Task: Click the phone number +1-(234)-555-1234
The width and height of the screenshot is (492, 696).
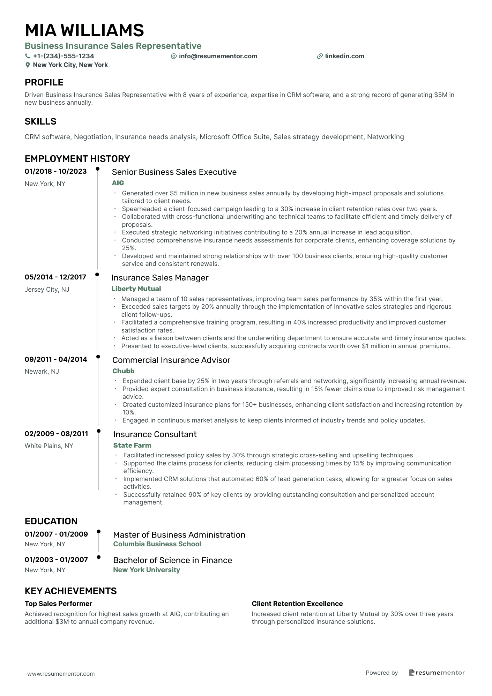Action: click(x=63, y=56)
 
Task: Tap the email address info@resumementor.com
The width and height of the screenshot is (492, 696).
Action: click(x=218, y=56)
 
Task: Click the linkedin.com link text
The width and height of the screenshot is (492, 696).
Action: click(x=344, y=56)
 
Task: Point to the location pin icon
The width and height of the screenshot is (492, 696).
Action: click(x=28, y=65)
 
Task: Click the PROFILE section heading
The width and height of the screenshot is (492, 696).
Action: click(x=44, y=82)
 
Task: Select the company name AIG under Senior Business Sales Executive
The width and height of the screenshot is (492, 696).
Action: click(x=118, y=183)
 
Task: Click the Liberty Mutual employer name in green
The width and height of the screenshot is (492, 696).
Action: click(x=136, y=289)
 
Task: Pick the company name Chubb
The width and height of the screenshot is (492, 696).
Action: click(x=123, y=371)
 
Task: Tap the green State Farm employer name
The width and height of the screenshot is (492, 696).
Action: click(x=132, y=445)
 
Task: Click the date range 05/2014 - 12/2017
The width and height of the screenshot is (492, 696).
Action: click(x=55, y=277)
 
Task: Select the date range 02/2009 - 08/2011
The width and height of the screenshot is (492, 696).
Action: click(x=56, y=434)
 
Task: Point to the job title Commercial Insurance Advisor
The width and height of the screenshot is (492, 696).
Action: click(x=171, y=360)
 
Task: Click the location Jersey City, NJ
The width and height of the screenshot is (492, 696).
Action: click(x=47, y=289)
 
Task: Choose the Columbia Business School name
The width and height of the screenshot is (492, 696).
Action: click(x=157, y=544)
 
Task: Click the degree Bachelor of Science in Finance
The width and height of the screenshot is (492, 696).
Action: click(x=172, y=560)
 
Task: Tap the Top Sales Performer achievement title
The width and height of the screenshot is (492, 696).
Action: click(x=58, y=604)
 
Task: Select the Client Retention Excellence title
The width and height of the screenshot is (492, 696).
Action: click(x=297, y=604)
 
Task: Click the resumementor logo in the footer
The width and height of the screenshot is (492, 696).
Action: click(x=437, y=673)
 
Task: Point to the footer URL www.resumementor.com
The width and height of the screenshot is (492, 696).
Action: click(x=61, y=674)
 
